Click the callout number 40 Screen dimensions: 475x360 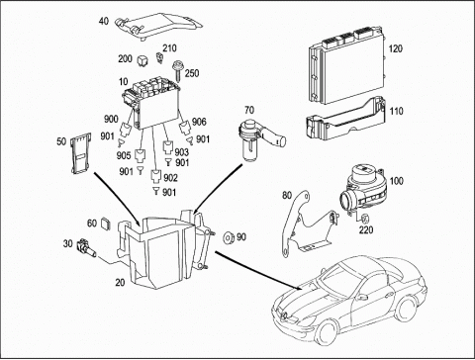pyautogui.click(x=104, y=22)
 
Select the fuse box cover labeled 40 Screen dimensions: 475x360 pyautogui.click(x=158, y=27)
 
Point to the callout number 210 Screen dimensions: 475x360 pyautogui.click(x=169, y=48)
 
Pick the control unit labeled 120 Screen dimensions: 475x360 pyautogui.click(x=347, y=66)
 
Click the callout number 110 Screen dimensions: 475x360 pyautogui.click(x=396, y=111)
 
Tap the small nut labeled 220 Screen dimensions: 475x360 pyautogui.click(x=365, y=219)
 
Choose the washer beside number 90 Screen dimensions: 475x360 pyautogui.click(x=229, y=238)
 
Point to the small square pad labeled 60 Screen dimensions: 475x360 pyautogui.click(x=105, y=224)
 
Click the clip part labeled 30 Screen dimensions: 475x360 pyautogui.click(x=86, y=248)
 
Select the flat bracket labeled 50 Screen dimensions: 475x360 pyautogui.click(x=80, y=153)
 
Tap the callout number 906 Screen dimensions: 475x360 pyautogui.click(x=199, y=122)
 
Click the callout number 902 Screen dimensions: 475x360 pyautogui.click(x=170, y=178)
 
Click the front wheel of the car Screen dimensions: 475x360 pyautogui.click(x=328, y=333)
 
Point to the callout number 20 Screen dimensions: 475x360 pyautogui.click(x=120, y=283)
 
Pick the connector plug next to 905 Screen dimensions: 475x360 pyautogui.click(x=141, y=156)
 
